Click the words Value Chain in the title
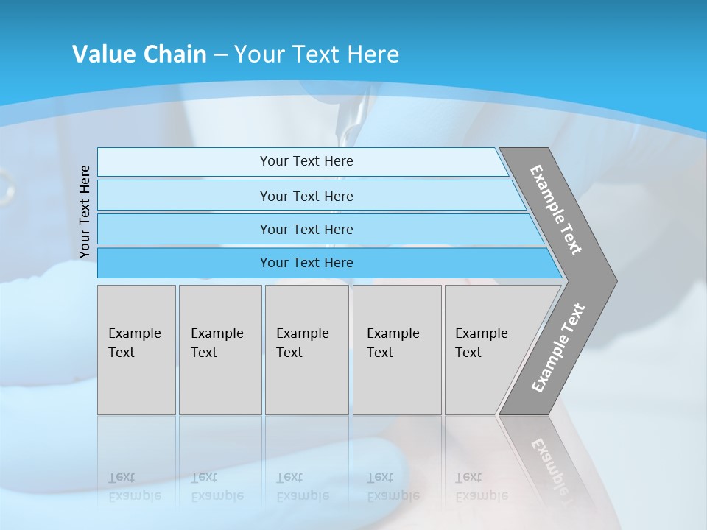tap(139, 54)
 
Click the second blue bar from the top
tap(306, 196)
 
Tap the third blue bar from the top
tap(306, 229)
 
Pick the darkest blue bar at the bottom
tap(306, 263)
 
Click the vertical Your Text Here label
tap(85, 211)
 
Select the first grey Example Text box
tap(136, 350)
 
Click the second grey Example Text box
tap(219, 350)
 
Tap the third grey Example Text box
tap(306, 350)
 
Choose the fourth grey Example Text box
tap(396, 350)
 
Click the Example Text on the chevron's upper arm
tap(556, 210)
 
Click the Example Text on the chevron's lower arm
tap(558, 348)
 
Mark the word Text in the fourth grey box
tap(380, 353)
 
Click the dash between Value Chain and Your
tap(220, 55)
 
